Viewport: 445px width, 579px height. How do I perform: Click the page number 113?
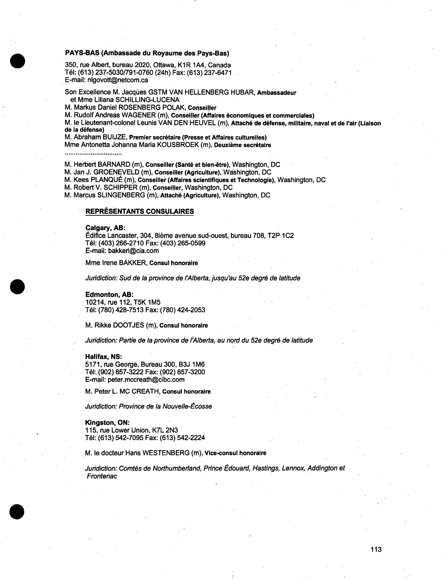(376, 549)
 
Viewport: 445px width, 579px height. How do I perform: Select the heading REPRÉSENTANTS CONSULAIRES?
(140, 211)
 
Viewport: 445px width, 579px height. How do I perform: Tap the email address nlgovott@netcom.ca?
(118, 80)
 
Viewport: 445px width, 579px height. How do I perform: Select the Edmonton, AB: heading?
(109, 295)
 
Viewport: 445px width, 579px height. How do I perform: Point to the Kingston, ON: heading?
(107, 423)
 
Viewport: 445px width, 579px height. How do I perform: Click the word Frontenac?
(102, 476)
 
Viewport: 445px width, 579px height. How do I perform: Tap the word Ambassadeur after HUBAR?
(277, 93)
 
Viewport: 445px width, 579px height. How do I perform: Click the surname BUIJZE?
(114, 137)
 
